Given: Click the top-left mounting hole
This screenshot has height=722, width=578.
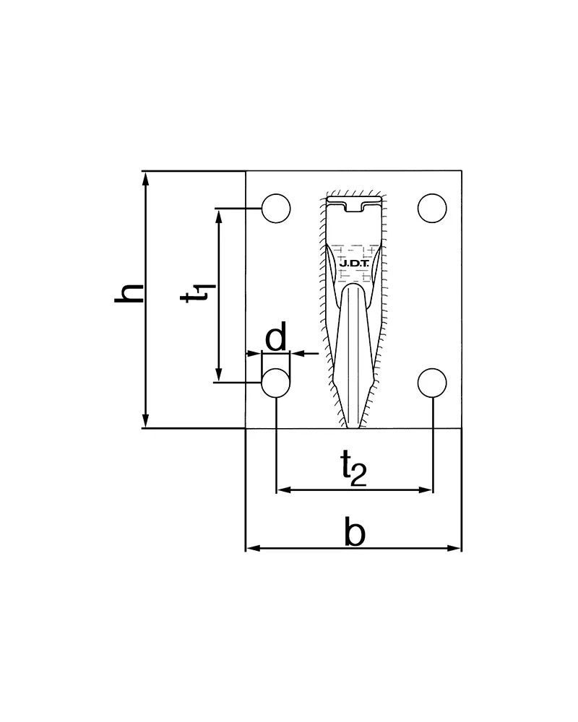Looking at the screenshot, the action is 276,209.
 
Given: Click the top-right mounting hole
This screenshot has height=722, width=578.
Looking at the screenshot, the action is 432,209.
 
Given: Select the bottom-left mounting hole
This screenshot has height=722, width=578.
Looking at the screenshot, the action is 276,383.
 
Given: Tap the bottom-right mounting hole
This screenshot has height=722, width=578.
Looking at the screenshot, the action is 432,383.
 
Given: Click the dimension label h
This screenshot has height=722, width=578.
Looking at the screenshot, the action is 129,293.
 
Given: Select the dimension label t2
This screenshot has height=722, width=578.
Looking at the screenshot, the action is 353,469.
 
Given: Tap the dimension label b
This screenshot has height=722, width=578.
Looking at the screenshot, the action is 355,532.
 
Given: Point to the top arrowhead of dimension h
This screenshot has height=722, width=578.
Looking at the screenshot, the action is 146,178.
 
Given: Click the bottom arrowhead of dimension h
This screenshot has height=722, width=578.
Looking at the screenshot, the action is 146,421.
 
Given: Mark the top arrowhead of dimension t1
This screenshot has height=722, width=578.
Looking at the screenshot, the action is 219,216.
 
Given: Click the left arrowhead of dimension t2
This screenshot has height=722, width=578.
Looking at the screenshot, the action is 283,490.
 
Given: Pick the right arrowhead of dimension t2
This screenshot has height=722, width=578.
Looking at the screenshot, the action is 426,490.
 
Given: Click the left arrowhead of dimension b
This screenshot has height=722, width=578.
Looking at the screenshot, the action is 253,548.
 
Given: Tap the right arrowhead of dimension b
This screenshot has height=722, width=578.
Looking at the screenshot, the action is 454,548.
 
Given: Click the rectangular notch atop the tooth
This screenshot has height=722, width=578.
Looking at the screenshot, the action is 353,206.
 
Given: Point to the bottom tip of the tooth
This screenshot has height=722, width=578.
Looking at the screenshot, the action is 353,427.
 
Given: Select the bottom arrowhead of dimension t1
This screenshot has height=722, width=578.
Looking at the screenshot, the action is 219,375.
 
